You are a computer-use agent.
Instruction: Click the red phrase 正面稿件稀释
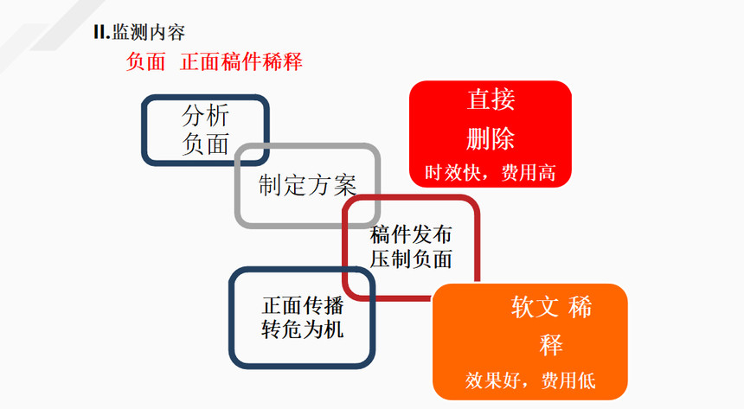(241, 61)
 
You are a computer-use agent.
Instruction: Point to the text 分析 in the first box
(206, 114)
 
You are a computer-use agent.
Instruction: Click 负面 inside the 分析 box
(206, 143)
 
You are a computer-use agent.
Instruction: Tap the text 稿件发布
(411, 234)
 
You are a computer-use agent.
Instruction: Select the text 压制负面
(411, 259)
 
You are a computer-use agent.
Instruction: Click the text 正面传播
(303, 305)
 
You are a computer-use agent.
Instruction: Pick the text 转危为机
(303, 329)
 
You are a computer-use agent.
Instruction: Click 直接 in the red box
(491, 99)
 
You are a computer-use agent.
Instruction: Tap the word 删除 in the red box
(491, 138)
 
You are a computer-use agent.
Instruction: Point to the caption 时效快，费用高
(491, 173)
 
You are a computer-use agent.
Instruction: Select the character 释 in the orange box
(551, 345)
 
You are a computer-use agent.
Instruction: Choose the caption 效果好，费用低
(530, 380)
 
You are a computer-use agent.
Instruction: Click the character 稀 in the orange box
(580, 307)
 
